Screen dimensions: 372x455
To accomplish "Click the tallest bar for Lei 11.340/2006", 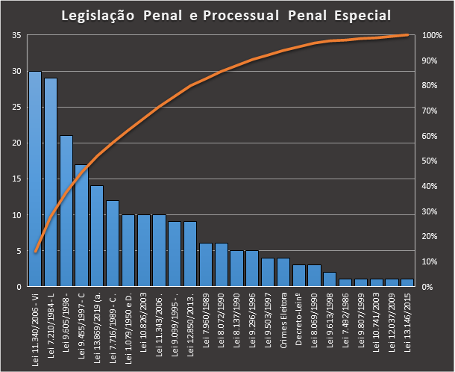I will [35, 179].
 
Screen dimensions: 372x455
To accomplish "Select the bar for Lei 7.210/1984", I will [51, 182].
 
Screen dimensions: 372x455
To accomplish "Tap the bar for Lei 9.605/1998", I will [66, 211].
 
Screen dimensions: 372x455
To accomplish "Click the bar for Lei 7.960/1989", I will [206, 265].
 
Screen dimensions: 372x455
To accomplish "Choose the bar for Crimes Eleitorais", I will [283, 273].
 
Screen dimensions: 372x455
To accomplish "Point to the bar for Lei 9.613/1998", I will [330, 279].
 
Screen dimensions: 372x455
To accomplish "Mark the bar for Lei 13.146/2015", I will [407, 283].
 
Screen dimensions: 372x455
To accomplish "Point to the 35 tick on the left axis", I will [16, 35].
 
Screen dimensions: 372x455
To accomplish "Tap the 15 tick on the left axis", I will [16, 179].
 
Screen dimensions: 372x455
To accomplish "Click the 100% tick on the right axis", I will [433, 35].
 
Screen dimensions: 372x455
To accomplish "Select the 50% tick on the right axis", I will [430, 161].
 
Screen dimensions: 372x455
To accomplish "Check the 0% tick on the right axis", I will [428, 287].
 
